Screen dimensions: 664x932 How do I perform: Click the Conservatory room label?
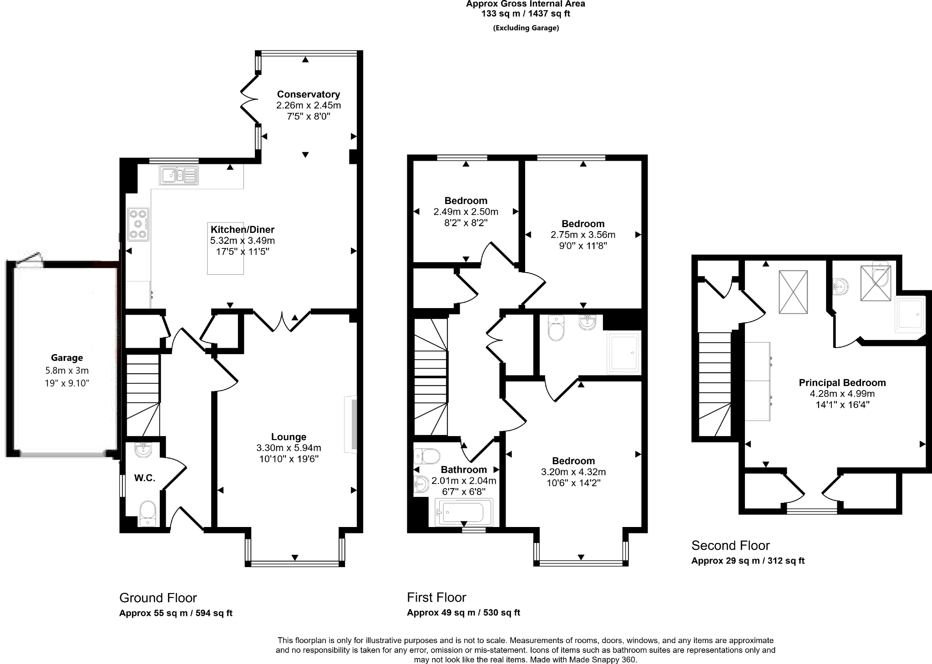click(308, 94)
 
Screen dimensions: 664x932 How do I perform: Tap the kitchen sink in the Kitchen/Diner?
click(178, 175)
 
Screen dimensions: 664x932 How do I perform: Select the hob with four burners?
click(138, 224)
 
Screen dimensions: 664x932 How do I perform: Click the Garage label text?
click(67, 358)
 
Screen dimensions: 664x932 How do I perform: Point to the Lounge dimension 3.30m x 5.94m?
click(289, 448)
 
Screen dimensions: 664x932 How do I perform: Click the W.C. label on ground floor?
click(145, 478)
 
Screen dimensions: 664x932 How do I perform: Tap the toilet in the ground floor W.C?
click(147, 513)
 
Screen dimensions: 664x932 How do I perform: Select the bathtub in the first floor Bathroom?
click(463, 512)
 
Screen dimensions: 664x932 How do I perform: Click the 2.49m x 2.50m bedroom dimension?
click(466, 212)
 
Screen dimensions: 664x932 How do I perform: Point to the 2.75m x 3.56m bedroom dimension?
click(582, 235)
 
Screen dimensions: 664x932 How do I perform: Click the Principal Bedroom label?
click(842, 383)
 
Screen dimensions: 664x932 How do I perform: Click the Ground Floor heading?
click(158, 598)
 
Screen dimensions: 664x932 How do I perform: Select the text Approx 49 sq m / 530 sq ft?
click(463, 613)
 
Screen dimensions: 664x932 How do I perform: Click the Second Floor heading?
click(730, 545)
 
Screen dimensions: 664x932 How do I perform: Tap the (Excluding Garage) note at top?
click(526, 28)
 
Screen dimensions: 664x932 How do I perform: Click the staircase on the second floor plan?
click(714, 382)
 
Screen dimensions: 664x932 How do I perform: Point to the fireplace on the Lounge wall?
click(353, 425)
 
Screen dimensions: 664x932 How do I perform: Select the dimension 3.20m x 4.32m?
click(573, 472)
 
